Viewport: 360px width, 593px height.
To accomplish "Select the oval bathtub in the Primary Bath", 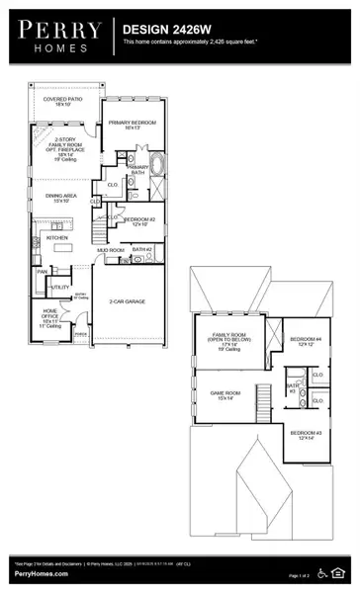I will click(x=156, y=160).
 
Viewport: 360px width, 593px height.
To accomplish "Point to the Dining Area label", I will click(x=60, y=198).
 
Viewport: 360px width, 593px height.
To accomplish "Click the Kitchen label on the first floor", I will click(x=57, y=238).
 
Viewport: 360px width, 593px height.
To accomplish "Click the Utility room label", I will click(x=59, y=287).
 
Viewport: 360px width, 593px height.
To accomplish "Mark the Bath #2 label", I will click(x=141, y=249).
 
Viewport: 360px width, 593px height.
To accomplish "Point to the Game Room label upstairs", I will click(x=226, y=394).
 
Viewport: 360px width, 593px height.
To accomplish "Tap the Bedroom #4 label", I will click(x=302, y=341).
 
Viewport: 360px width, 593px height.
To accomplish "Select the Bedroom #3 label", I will click(x=302, y=436).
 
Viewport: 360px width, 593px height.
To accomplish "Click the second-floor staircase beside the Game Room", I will click(x=262, y=400).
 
